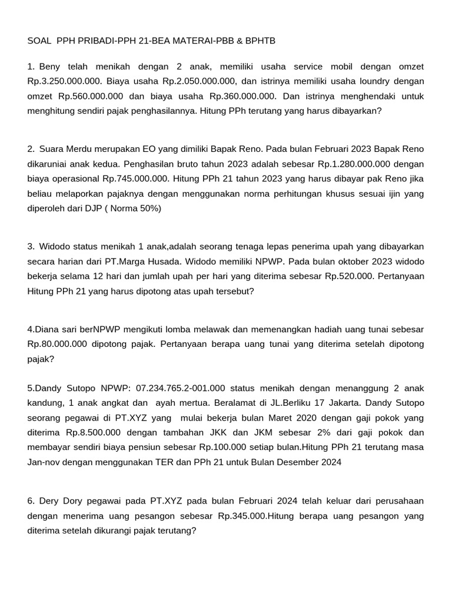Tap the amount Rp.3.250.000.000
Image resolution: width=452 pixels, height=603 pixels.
(64, 81)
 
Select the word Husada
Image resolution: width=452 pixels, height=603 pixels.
(210, 261)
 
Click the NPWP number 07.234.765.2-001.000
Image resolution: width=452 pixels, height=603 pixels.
(180, 388)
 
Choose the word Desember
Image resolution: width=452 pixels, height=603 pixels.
(291, 463)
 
